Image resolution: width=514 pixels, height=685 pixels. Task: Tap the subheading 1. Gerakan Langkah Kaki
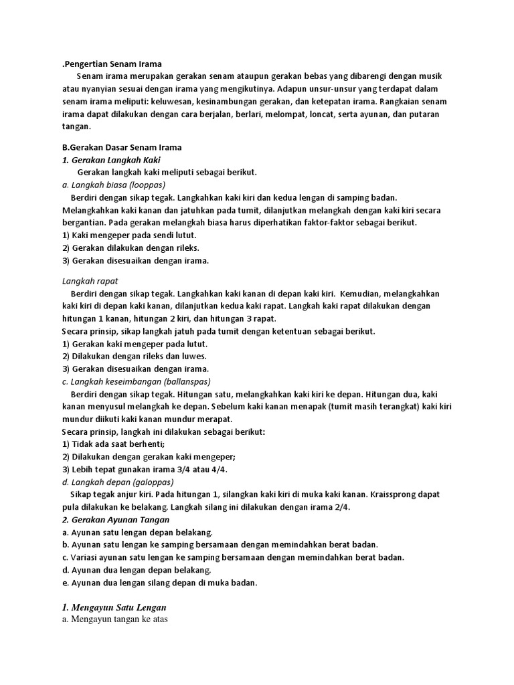[x=111, y=159]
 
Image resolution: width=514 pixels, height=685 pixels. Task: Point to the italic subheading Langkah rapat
[x=90, y=281]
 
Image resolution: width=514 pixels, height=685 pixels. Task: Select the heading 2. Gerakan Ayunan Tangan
[x=115, y=519]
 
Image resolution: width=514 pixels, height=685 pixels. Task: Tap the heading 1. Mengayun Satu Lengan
[x=114, y=607]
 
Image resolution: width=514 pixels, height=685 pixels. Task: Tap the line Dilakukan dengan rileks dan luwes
[x=134, y=356]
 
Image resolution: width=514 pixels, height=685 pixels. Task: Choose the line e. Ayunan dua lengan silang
[x=159, y=582]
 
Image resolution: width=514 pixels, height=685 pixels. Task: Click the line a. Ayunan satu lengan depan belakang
[x=137, y=532]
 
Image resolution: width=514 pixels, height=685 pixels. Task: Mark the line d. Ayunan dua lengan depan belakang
[x=137, y=569]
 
